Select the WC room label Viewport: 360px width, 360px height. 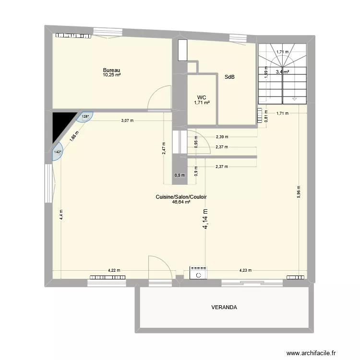pyautogui.click(x=202, y=97)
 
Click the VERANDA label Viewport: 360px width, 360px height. pyautogui.click(x=224, y=307)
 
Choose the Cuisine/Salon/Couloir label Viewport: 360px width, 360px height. pyautogui.click(x=181, y=197)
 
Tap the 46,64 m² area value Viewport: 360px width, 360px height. pyautogui.click(x=181, y=202)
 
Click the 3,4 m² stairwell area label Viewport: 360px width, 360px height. pyautogui.click(x=282, y=72)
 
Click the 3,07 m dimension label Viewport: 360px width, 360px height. pyautogui.click(x=127, y=120)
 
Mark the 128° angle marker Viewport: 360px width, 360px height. pyautogui.click(x=85, y=116)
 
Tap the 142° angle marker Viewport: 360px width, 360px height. pyautogui.click(x=58, y=152)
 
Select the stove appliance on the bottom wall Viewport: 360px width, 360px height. pyautogui.click(x=198, y=273)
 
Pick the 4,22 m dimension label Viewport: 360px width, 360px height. pyautogui.click(x=114, y=270)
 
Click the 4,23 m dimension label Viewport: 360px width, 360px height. pyautogui.click(x=245, y=270)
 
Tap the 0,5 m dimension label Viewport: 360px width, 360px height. pyautogui.click(x=180, y=175)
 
